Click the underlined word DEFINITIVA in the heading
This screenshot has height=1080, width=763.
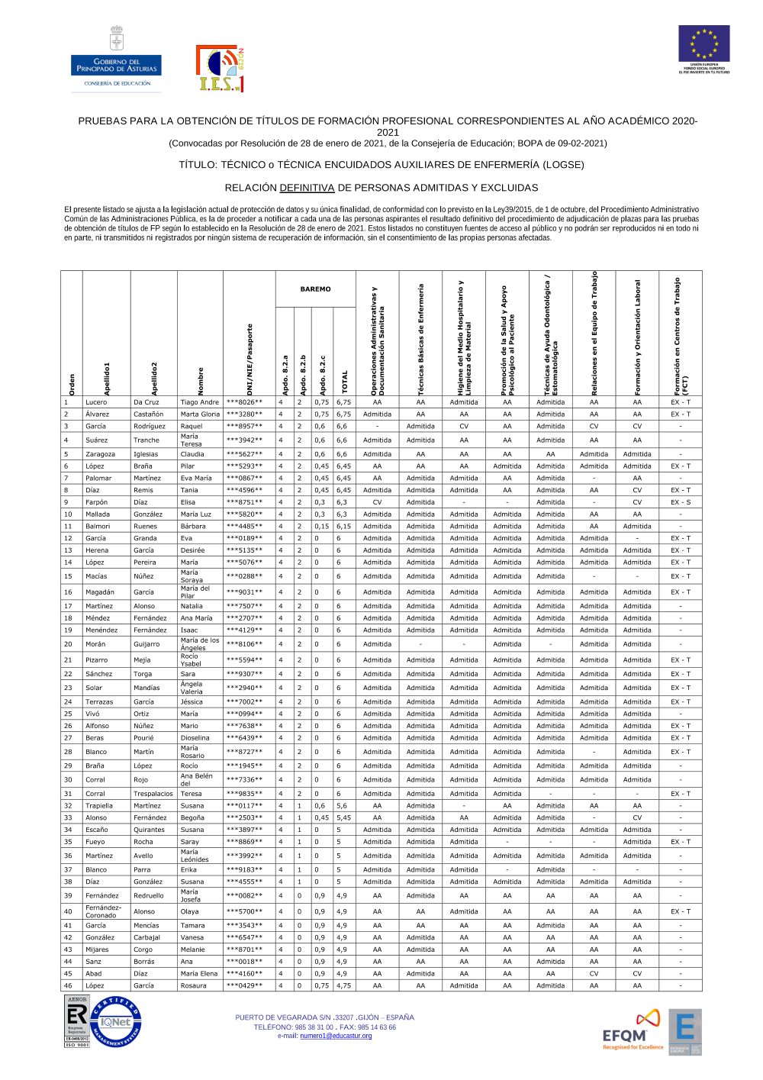point(307,188)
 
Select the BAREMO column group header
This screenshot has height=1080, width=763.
point(315,289)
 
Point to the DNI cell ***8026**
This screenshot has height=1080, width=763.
point(244,402)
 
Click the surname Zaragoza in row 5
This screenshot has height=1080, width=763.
point(100,454)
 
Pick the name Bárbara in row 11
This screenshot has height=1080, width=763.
point(193,527)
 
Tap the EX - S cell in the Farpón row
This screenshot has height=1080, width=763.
point(680,502)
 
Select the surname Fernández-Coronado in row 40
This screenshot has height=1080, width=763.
point(103,911)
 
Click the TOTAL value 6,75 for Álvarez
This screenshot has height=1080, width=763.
point(343,414)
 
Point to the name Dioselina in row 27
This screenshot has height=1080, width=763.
point(195,738)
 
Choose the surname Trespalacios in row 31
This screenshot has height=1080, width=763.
point(153,794)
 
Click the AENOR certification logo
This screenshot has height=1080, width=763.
point(77,1021)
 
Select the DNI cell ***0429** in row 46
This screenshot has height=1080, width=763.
point(244,985)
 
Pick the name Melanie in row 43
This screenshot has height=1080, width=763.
point(192,949)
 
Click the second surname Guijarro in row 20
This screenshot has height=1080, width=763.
point(147,644)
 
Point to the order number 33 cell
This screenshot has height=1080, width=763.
point(68,817)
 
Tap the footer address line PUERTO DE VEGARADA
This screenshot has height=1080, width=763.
point(324,1017)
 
